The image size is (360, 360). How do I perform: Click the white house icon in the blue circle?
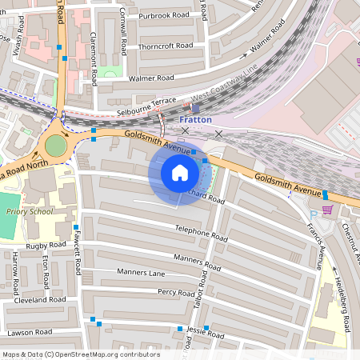(x=180, y=173)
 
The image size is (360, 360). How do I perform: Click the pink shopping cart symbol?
(x=326, y=210)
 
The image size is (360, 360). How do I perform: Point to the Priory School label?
(x=28, y=212)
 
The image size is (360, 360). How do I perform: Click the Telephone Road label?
(x=202, y=233)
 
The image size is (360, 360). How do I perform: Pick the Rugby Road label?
(x=46, y=245)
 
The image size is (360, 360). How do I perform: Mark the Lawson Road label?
(x=30, y=332)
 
